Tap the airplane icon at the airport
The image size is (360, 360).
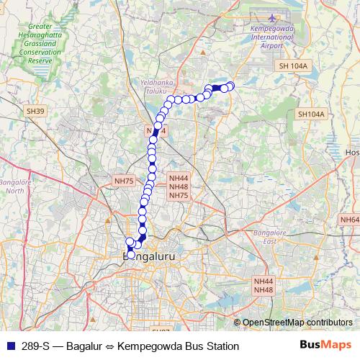click(x=272, y=18)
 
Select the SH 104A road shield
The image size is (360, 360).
click(x=293, y=66)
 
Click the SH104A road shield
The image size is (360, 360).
click(x=311, y=114)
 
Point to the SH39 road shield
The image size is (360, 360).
click(x=35, y=111)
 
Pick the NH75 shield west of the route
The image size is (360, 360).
click(x=124, y=181)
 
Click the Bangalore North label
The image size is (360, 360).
click(x=14, y=186)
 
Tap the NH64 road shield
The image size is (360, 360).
click(x=349, y=220)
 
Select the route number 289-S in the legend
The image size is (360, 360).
click(x=35, y=346)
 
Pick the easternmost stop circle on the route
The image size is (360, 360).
click(x=230, y=86)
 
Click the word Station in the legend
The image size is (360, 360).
click(x=220, y=346)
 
